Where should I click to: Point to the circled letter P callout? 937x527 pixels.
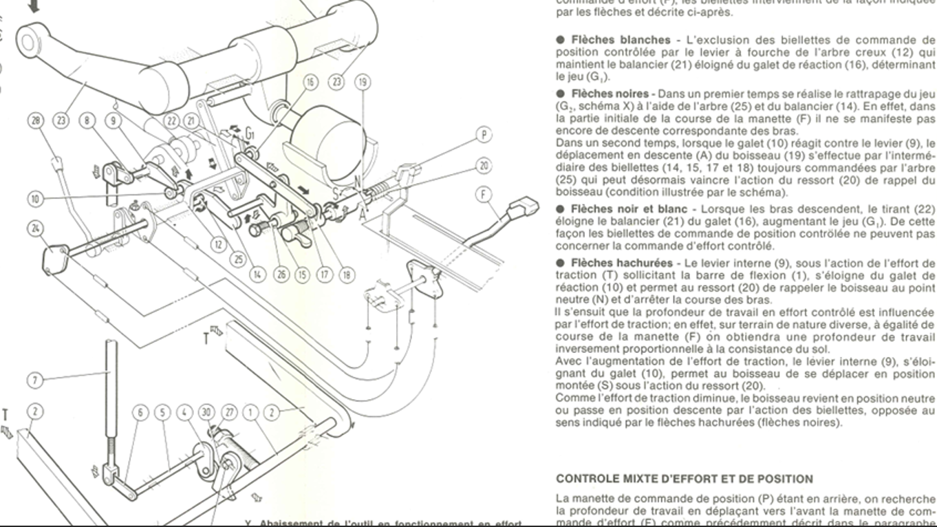(486, 135)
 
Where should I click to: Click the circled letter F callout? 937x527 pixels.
(486, 195)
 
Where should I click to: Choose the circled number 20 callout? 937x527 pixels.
(486, 166)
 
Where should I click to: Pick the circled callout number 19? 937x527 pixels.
(363, 83)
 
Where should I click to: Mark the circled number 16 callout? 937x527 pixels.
(311, 83)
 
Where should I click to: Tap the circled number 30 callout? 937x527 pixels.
(206, 412)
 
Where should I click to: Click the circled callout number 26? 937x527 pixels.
(281, 275)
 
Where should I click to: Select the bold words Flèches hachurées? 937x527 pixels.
(614, 263)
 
